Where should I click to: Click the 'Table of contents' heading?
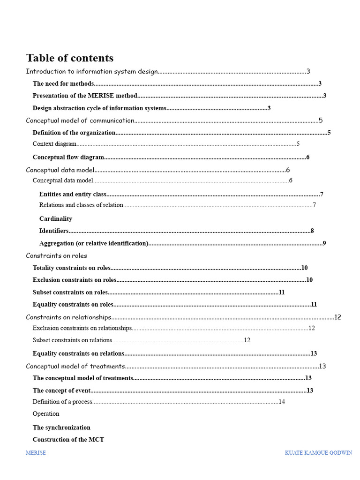pos(69,58)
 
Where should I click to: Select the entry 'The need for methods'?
pos(63,84)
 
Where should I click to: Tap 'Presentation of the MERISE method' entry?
pos(85,96)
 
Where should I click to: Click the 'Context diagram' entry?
pos(54,144)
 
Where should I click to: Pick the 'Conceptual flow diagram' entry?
pos(68,157)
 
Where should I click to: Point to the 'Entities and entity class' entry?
pos(73,194)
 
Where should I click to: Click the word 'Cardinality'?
pos(56,219)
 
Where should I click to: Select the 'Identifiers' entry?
pos(54,231)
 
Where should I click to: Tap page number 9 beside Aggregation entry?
pos(324,243)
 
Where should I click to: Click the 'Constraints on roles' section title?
pos(56,256)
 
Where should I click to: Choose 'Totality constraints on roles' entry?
pos(71,268)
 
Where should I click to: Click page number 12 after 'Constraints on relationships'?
pos(337,317)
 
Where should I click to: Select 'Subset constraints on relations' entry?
pos(72,340)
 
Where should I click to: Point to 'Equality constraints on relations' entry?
pos(78,353)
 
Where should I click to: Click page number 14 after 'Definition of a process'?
pos(282,402)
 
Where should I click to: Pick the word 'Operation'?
pos(46,414)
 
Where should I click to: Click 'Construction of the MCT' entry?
pos(68,440)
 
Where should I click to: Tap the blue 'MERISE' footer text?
pos(36,453)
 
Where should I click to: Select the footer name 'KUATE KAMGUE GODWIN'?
pos(318,453)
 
